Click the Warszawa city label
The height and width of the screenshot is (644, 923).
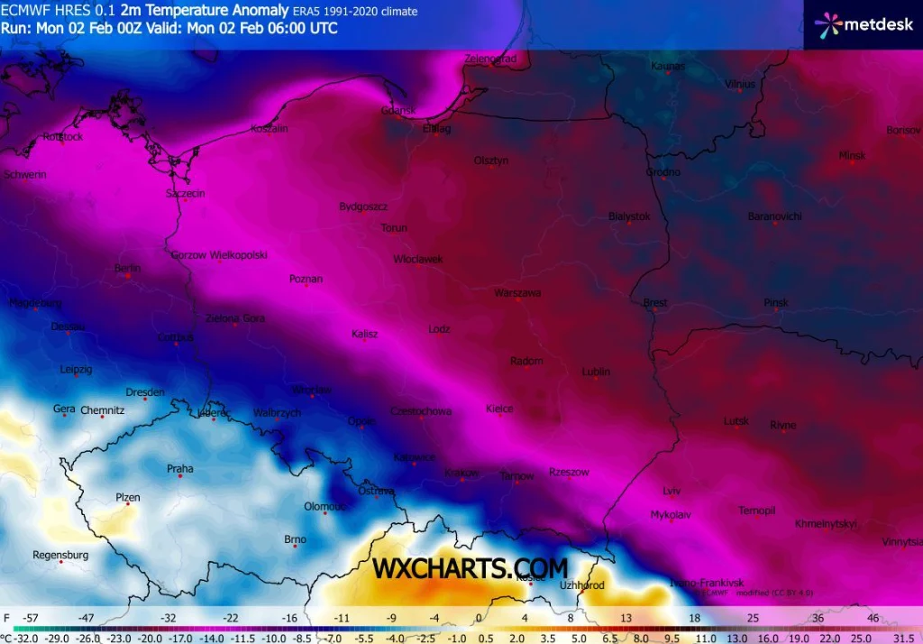point(517,292)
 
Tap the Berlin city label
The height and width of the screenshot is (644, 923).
point(128,269)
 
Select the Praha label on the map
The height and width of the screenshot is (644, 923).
point(180,468)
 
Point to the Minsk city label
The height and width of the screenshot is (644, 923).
point(852,155)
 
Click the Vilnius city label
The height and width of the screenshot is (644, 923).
point(740,84)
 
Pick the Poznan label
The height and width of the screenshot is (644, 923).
point(306,279)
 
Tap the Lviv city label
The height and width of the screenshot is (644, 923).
point(672,491)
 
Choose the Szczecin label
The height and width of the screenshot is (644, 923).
point(186,193)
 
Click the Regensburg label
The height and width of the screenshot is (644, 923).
point(60,555)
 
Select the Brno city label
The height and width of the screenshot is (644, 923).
point(296,539)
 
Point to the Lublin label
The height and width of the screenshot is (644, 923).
point(596,372)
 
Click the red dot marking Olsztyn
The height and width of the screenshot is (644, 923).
point(492,168)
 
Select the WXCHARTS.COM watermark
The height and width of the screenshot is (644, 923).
point(471,568)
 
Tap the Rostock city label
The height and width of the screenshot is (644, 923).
point(62,136)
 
